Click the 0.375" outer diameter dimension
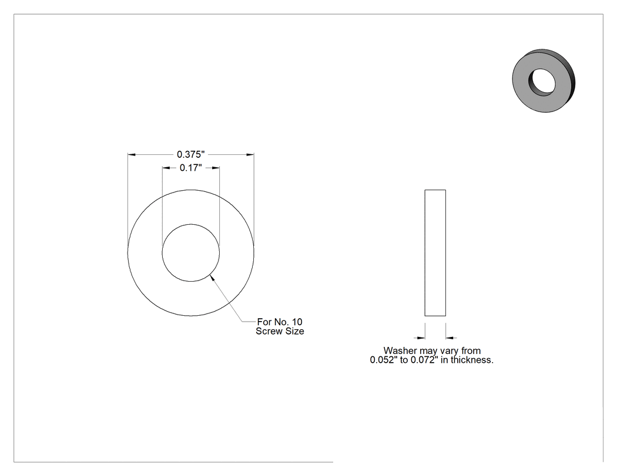point(191,154)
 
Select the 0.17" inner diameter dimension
point(191,168)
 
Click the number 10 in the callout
point(297,322)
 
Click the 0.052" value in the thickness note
point(384,360)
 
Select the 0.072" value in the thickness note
point(424,360)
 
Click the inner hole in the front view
point(191,253)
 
